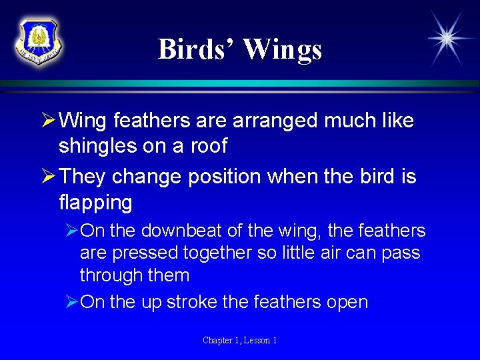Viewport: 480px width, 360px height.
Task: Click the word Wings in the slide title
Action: (x=283, y=50)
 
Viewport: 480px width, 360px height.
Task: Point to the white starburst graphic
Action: (x=446, y=39)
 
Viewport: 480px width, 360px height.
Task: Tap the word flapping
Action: (x=95, y=201)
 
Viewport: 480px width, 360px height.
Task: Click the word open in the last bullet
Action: (x=347, y=302)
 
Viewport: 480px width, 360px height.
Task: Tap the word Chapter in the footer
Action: (x=218, y=341)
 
